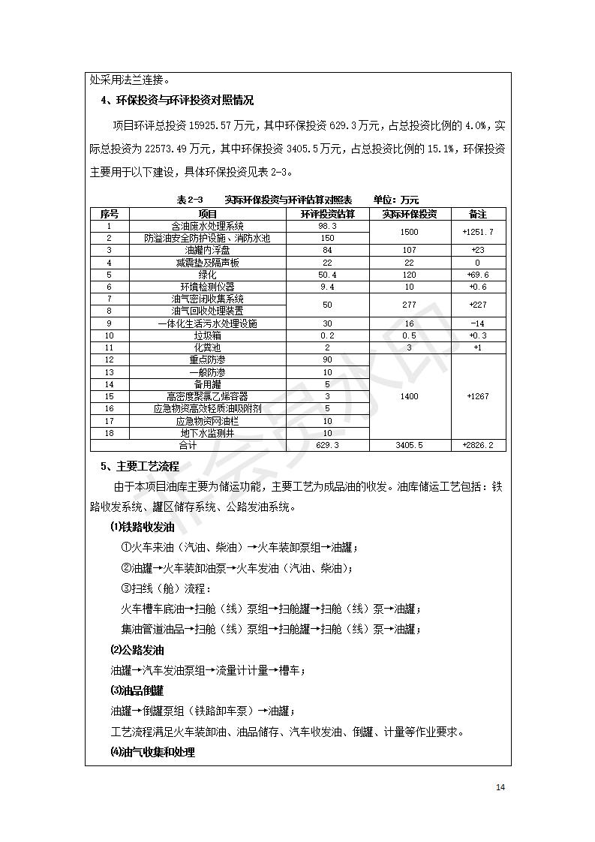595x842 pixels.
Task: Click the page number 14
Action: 500,786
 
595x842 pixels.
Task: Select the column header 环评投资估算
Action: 328,214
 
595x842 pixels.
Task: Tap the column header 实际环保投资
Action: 410,214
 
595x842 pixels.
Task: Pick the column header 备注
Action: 478,214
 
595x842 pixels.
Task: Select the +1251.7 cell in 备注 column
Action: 478,232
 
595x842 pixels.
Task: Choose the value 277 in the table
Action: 410,305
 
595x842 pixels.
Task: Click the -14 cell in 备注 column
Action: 478,323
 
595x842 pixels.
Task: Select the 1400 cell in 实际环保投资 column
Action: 410,396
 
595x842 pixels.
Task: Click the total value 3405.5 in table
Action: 410,445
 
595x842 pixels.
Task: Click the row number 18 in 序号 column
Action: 110,433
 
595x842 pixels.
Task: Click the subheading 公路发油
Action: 137,650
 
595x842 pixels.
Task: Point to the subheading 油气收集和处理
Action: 152,752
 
